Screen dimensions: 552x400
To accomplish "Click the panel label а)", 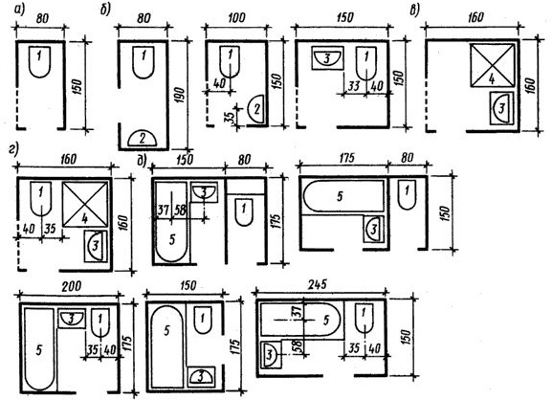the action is pyautogui.click(x=19, y=11).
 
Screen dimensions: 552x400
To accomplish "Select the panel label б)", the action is pyautogui.click(x=105, y=11).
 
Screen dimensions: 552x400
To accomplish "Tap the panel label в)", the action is pyautogui.click(x=414, y=11).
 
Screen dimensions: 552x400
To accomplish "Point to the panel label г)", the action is pyautogui.click(x=13, y=149).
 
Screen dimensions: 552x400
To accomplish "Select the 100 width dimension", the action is pyautogui.click(x=236, y=17).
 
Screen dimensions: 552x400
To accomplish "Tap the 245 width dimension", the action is pyautogui.click(x=318, y=284).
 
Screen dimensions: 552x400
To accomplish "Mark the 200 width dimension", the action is pyautogui.click(x=72, y=286).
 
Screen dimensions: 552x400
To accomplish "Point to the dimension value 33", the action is pyautogui.click(x=353, y=85).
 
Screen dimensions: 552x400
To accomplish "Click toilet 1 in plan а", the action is pyautogui.click(x=40, y=61).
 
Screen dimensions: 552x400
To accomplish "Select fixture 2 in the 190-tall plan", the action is pyautogui.click(x=142, y=138).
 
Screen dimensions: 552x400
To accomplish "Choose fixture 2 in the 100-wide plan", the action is pyautogui.click(x=256, y=109).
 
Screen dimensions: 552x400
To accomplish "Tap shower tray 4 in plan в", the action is pyautogui.click(x=492, y=65).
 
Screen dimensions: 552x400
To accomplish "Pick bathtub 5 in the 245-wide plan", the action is pyautogui.click(x=300, y=320).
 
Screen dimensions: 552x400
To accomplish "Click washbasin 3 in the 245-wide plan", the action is pyautogui.click(x=271, y=355).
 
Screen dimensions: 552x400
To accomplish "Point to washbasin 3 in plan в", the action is pyautogui.click(x=501, y=108).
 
